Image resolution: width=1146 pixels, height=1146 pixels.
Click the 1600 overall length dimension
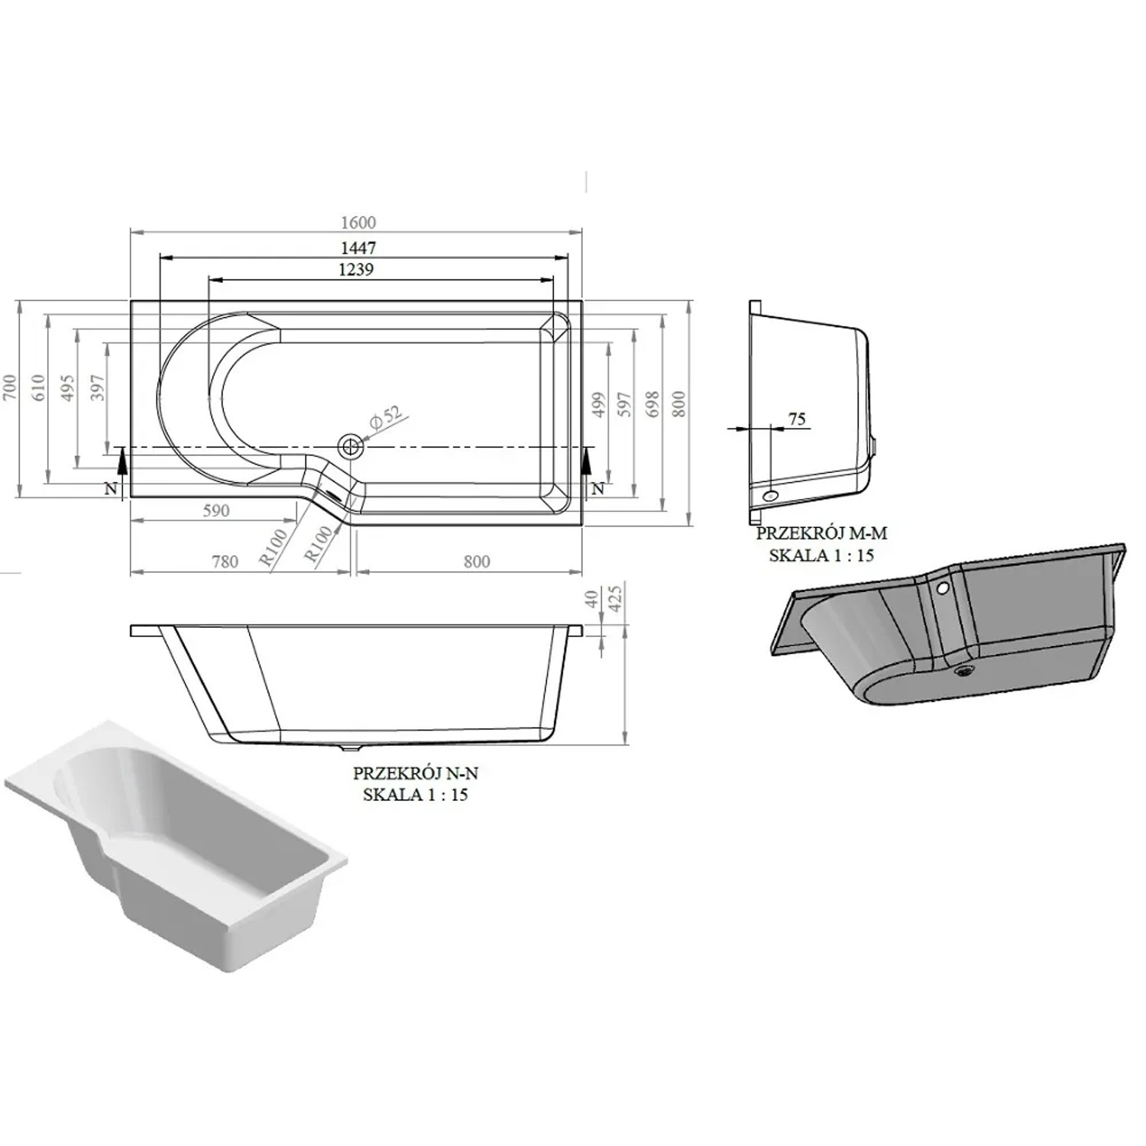click(358, 222)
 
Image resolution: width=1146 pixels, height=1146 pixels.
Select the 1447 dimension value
click(358, 248)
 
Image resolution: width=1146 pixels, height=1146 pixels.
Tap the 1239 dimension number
click(356, 269)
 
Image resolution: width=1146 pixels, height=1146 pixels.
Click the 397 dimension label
click(97, 388)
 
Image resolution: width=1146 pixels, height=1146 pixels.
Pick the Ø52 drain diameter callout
click(386, 417)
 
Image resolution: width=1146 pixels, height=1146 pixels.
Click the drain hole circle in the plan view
click(351, 445)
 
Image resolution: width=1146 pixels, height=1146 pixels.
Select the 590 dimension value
click(216, 510)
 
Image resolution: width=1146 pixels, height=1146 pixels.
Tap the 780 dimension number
click(225, 562)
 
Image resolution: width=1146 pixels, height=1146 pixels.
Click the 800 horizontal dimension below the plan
click(477, 562)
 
